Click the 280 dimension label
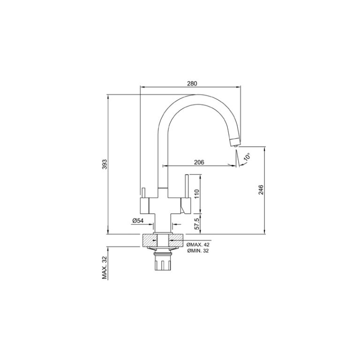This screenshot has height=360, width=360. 192,83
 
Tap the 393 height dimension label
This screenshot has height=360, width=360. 105,164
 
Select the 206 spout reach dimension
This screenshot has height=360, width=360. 199,162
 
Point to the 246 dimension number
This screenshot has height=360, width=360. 261,190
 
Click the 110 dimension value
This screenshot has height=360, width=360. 197,194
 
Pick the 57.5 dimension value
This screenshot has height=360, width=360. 197,224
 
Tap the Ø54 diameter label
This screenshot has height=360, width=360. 138,221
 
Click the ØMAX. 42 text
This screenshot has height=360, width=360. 198,245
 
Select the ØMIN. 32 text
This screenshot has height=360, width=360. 198,251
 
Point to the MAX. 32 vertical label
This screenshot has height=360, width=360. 105,268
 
